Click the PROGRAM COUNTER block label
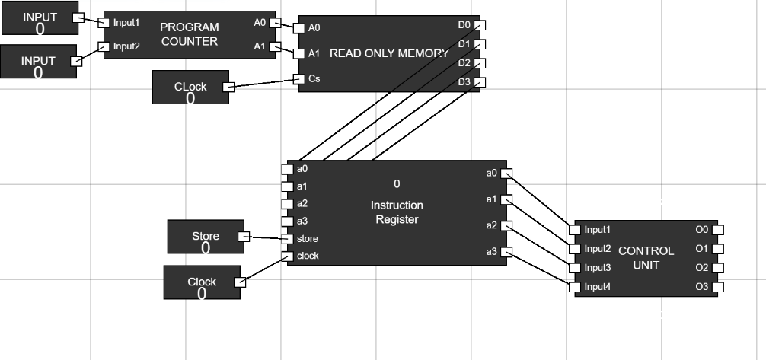pyautogui.click(x=189, y=34)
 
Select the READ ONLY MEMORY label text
pyautogui.click(x=389, y=53)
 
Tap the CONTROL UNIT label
pyautogui.click(x=646, y=258)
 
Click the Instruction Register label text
pyautogui.click(x=396, y=212)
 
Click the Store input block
pyautogui.click(x=205, y=237)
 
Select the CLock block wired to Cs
pyautogui.click(x=190, y=88)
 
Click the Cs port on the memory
pyautogui.click(x=299, y=78)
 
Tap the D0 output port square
pyautogui.click(x=480, y=25)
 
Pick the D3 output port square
pyautogui.click(x=480, y=82)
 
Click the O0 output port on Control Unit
pyautogui.click(x=717, y=229)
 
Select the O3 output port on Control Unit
pyautogui.click(x=717, y=287)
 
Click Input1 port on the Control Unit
pyautogui.click(x=575, y=229)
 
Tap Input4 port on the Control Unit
pyautogui.click(x=575, y=287)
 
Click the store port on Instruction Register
pyautogui.click(x=287, y=239)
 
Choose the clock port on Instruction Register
pyautogui.click(x=287, y=256)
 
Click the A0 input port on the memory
pyautogui.click(x=299, y=28)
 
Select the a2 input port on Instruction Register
pyautogui.click(x=287, y=203)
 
